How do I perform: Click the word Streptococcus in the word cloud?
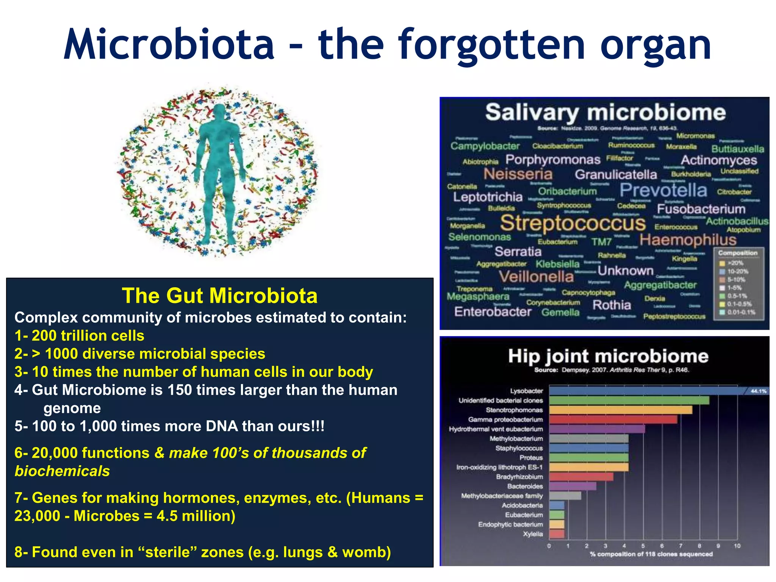(x=573, y=223)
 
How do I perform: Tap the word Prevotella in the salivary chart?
(x=663, y=190)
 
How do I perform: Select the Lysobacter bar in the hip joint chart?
(x=644, y=391)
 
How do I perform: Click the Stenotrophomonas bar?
(x=620, y=410)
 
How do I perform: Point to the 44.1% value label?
(x=758, y=391)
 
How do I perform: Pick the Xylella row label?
(x=533, y=534)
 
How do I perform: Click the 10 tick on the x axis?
(x=737, y=546)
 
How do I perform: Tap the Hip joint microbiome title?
(x=608, y=356)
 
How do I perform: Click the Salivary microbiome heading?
(x=605, y=113)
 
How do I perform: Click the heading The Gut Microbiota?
(x=219, y=296)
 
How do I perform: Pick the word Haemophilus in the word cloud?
(x=688, y=240)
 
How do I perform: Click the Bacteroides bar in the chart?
(x=572, y=486)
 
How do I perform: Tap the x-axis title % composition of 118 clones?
(x=651, y=554)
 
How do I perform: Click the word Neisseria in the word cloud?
(x=518, y=174)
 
